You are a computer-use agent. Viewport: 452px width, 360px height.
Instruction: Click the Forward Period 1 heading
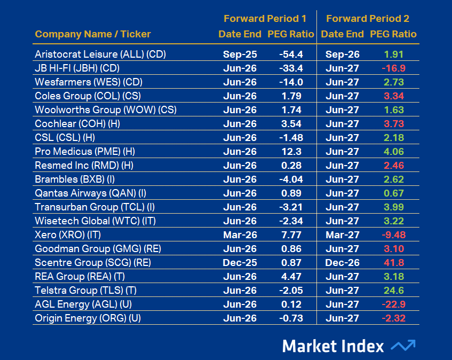tap(265, 19)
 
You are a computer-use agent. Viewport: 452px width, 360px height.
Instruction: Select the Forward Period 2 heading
tap(368, 19)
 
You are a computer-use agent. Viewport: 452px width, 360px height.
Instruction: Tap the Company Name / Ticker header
tap(93, 34)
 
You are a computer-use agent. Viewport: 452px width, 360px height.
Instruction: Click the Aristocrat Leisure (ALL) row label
tap(100, 54)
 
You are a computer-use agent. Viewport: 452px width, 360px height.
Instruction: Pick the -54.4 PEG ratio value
tap(291, 54)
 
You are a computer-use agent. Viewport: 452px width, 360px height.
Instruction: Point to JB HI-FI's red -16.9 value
tap(393, 68)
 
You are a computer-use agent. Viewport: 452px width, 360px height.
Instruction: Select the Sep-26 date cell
tap(343, 54)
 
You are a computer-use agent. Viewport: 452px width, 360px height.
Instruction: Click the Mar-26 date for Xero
tap(240, 235)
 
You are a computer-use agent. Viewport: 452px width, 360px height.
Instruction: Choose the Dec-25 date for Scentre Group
tap(240, 262)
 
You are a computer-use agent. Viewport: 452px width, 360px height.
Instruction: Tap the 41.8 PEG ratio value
tap(394, 262)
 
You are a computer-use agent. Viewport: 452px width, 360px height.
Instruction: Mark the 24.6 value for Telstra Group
tap(394, 290)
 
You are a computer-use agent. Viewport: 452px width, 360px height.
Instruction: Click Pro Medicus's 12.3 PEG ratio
tap(291, 152)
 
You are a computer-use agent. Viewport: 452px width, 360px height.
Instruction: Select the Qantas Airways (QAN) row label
tap(91, 193)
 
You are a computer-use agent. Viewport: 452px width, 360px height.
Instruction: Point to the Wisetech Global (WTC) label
tap(96, 221)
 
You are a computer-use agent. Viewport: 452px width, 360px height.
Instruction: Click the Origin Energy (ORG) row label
tap(88, 318)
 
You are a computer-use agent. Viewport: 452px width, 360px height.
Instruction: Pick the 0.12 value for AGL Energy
tap(291, 304)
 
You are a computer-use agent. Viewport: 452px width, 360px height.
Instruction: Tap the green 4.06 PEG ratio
tap(394, 152)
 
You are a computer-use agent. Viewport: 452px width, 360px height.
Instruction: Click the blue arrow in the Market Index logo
tap(403, 346)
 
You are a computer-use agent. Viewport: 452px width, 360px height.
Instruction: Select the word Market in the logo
tap(310, 346)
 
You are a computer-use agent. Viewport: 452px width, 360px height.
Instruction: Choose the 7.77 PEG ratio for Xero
tap(291, 235)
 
